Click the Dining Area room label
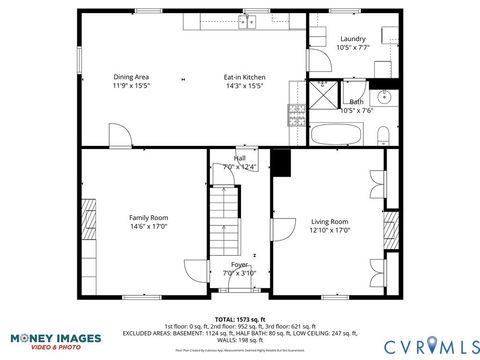pyautogui.click(x=131, y=81)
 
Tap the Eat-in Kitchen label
pyautogui.click(x=243, y=81)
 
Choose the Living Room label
pyautogui.click(x=329, y=226)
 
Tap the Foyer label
pyautogui.click(x=240, y=268)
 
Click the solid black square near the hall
pyautogui.click(x=280, y=160)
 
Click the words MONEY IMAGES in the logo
pyautogui.click(x=45, y=338)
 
